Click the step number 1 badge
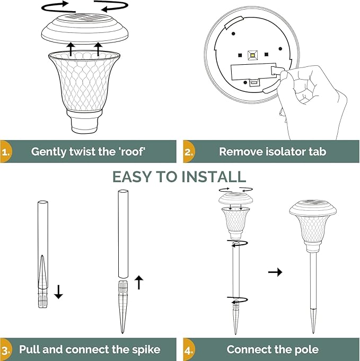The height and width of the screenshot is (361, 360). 5,151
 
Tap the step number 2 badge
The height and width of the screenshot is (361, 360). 188,151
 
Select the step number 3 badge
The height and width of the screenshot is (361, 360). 5,349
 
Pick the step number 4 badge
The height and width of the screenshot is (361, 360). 188,349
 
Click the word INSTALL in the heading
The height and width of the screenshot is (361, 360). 214,176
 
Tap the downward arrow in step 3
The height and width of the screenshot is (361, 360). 58,291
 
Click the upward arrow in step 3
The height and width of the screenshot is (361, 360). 139,282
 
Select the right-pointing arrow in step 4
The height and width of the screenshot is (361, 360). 275,272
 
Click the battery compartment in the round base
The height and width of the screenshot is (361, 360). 249,72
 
